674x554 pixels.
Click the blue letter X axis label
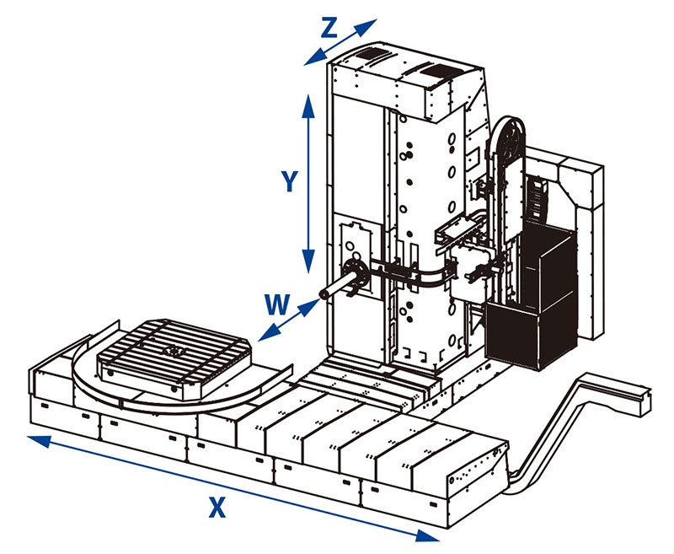point(217,507)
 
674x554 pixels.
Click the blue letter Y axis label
point(289,182)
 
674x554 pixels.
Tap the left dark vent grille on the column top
point(369,56)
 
